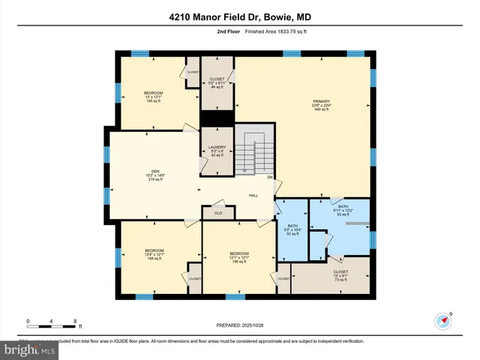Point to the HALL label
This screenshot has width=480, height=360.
tap(254, 195)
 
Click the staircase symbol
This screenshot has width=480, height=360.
tap(253, 149)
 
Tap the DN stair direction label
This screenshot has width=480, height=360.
tap(270, 177)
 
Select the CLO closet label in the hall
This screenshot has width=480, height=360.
tap(217, 213)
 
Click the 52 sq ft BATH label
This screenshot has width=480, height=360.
tap(293, 229)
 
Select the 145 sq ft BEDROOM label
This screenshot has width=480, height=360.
tap(153, 96)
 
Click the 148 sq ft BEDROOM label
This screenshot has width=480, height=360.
tap(154, 254)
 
